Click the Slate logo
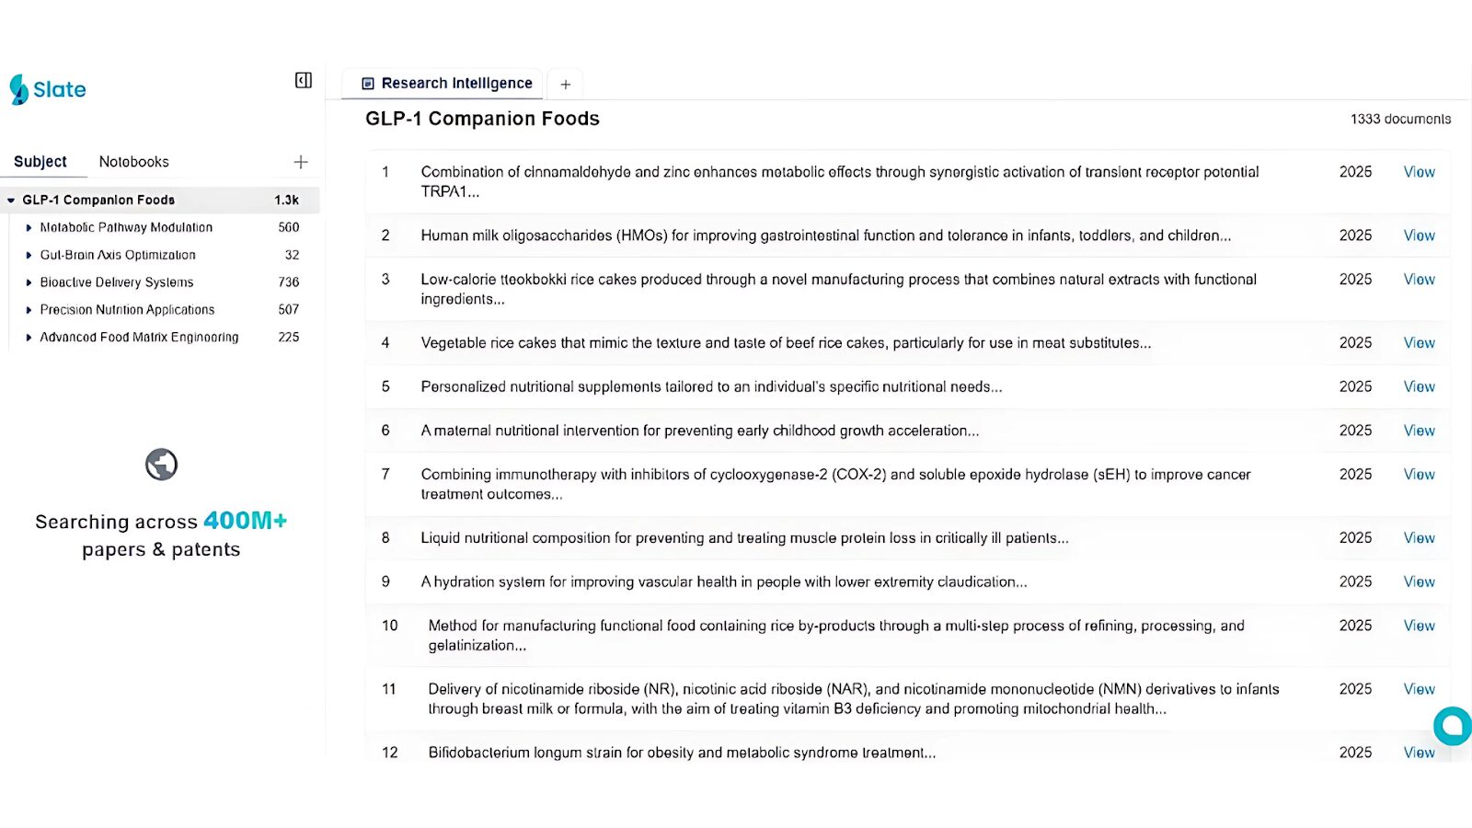pos(48,89)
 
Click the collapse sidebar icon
pos(303,81)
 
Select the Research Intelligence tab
pos(447,83)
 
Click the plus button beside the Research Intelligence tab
pos(566,85)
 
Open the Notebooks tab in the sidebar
pos(134,162)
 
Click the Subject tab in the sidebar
pos(40,162)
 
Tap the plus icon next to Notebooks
pos(301,162)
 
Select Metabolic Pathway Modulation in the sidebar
pos(126,227)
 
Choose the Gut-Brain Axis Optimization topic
pos(118,255)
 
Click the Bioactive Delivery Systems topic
pos(117,282)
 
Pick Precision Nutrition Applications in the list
pos(127,310)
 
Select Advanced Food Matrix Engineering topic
pos(139,338)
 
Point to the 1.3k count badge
pos(286,200)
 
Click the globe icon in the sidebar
pos(161,465)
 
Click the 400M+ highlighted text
pos(245,521)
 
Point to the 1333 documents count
pos(1400,120)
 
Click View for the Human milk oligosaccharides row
pos(1419,236)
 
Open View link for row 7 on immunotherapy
pos(1419,475)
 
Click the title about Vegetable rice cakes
pos(786,343)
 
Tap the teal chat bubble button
pos(1454,726)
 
